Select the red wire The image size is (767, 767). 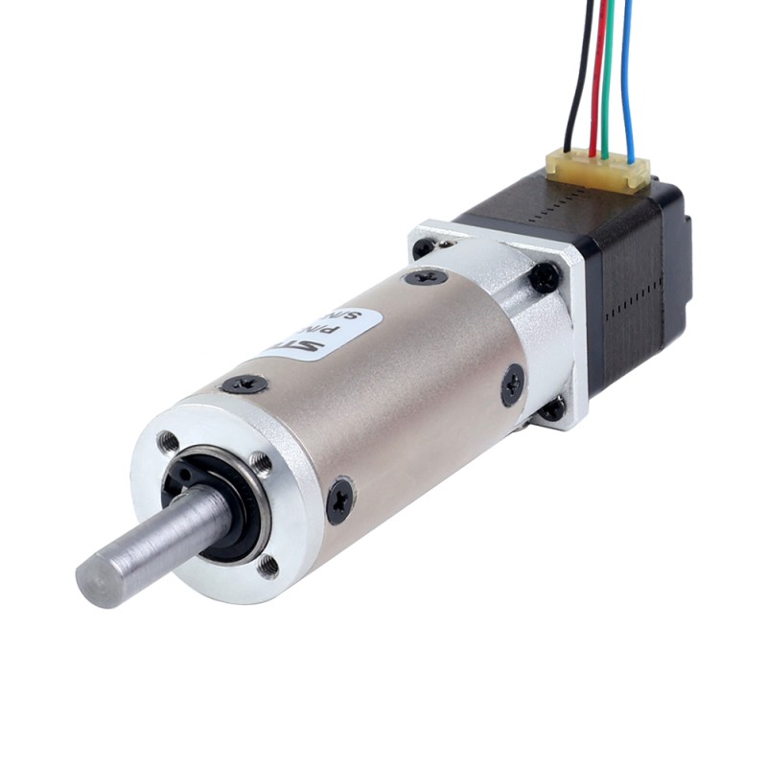[x=598, y=77]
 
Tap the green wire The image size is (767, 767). [x=610, y=77]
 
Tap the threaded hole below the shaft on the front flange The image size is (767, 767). [x=269, y=566]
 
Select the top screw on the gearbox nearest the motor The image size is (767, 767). [x=426, y=277]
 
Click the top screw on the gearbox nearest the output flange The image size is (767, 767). [x=245, y=384]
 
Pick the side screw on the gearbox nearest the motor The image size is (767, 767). [x=513, y=384]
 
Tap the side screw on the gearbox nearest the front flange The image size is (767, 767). [x=339, y=500]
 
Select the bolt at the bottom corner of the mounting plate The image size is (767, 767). [x=553, y=410]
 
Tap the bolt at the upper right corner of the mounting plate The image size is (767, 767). [x=545, y=277]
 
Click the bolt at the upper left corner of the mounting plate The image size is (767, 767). [x=423, y=247]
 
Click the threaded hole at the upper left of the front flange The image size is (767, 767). [x=170, y=442]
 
